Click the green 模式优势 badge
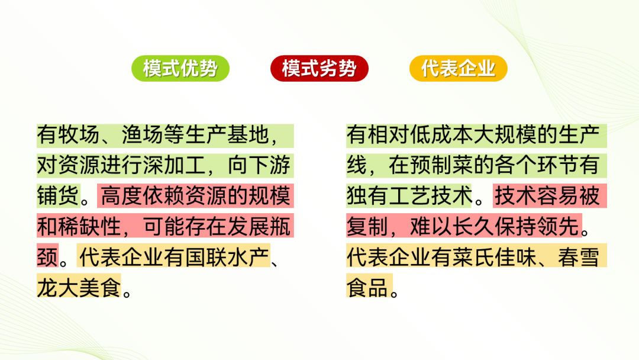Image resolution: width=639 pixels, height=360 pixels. point(180,68)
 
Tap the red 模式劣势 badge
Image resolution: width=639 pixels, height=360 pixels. point(319,68)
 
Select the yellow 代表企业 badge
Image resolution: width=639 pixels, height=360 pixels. point(458,68)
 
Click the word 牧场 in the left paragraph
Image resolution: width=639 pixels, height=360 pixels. point(79,135)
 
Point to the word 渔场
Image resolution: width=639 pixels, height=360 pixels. point(143,135)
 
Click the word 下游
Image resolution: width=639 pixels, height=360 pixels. point(269,165)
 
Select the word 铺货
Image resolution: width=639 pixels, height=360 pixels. point(58,195)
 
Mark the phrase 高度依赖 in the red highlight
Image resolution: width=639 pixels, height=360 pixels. point(142,195)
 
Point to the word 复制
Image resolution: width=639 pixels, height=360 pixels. point(367,226)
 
